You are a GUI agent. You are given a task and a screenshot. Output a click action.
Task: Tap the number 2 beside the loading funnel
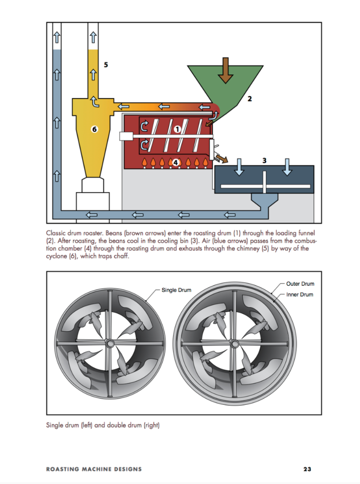[x=250, y=99]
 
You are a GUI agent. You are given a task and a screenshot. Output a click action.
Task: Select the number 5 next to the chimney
[x=106, y=64]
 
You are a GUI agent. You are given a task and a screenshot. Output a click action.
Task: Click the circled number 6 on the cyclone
[x=93, y=129]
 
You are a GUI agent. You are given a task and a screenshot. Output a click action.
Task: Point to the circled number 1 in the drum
[x=177, y=129]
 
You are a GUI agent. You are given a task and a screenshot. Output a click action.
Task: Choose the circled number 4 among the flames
[x=176, y=162]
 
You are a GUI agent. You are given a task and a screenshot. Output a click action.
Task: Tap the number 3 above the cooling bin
[x=265, y=160]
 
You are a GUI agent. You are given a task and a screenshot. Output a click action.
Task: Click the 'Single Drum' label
[x=176, y=290]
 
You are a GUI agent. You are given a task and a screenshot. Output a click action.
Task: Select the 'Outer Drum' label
[x=300, y=284]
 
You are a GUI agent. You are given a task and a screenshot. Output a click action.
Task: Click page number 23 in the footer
[x=307, y=469]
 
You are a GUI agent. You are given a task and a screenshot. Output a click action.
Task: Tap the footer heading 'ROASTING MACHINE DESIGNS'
[x=94, y=469]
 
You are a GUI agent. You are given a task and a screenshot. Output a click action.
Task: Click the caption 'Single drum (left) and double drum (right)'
[x=102, y=425]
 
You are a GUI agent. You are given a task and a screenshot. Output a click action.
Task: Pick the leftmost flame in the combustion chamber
[x=145, y=163]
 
